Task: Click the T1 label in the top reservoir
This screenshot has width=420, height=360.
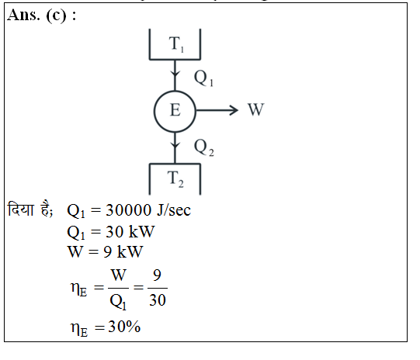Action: [176, 44]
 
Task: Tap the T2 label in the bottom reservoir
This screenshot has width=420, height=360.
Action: [175, 179]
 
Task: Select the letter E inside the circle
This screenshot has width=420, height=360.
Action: [175, 110]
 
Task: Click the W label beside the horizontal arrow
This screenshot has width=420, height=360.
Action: [256, 109]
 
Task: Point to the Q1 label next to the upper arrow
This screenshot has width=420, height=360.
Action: [203, 78]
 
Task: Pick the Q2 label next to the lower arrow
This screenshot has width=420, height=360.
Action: [204, 147]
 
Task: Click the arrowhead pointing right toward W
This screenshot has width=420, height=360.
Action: [234, 110]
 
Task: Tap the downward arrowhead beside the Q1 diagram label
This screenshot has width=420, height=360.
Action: [175, 74]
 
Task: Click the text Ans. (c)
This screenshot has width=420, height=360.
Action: [37, 16]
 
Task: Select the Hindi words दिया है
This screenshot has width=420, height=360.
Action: [30, 209]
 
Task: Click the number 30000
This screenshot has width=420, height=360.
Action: [129, 210]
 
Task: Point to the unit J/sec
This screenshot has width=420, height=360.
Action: [174, 210]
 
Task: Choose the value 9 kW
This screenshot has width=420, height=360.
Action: [123, 252]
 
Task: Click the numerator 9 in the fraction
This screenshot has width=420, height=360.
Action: [157, 275]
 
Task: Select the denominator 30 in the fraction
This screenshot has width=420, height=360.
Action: [158, 300]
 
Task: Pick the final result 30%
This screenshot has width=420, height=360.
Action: [124, 327]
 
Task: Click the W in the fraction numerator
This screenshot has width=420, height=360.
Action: [119, 275]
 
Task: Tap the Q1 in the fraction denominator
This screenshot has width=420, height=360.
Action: [118, 302]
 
